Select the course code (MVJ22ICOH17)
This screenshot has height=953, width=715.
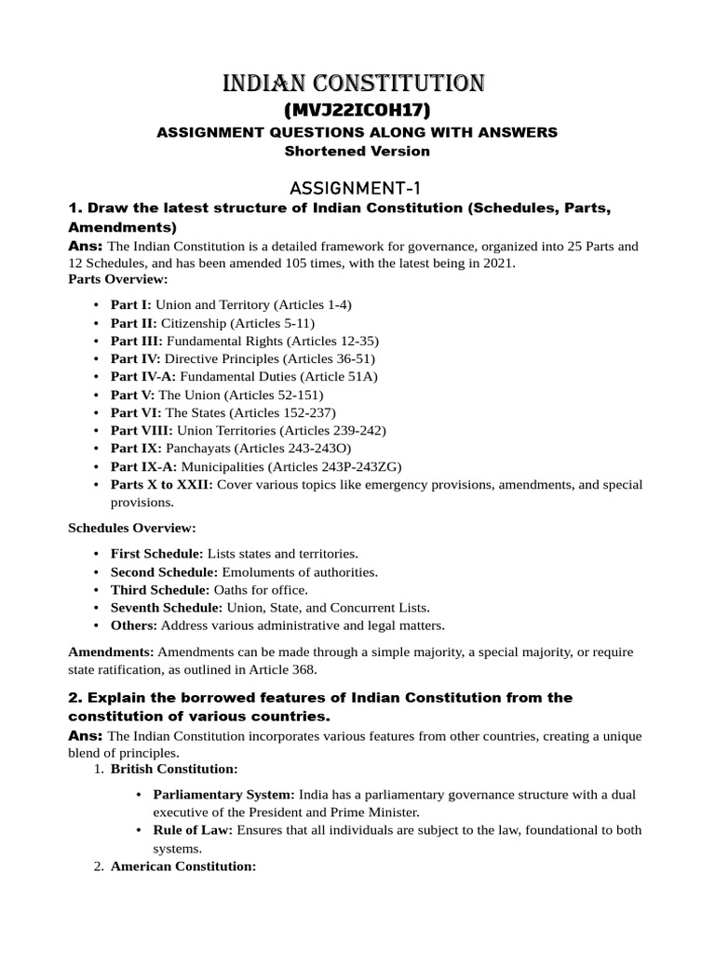point(357,110)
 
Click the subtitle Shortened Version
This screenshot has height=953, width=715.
point(357,151)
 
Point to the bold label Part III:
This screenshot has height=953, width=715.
point(136,341)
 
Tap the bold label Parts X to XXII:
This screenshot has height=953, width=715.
point(162,485)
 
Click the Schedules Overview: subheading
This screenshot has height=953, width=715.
point(131,528)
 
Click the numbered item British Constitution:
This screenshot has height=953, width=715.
point(174,769)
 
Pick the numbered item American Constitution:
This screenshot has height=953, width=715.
point(183,866)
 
